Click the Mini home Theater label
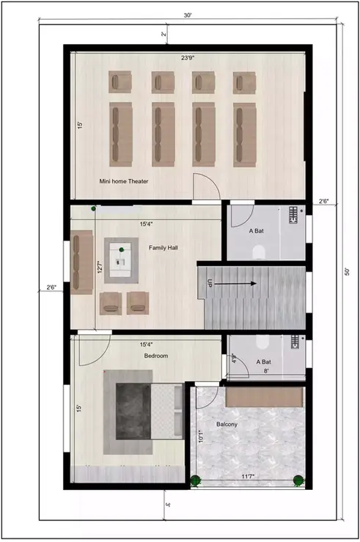[124, 180]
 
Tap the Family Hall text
[164, 248]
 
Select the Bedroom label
[155, 356]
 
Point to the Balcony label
[226, 425]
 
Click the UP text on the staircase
[210, 283]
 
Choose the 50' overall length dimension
[347, 271]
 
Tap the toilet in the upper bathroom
[257, 252]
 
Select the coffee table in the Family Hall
[122, 259]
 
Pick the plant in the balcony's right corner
[298, 480]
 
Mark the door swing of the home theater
[205, 186]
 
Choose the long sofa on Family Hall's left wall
[82, 262]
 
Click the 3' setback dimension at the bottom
[167, 505]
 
